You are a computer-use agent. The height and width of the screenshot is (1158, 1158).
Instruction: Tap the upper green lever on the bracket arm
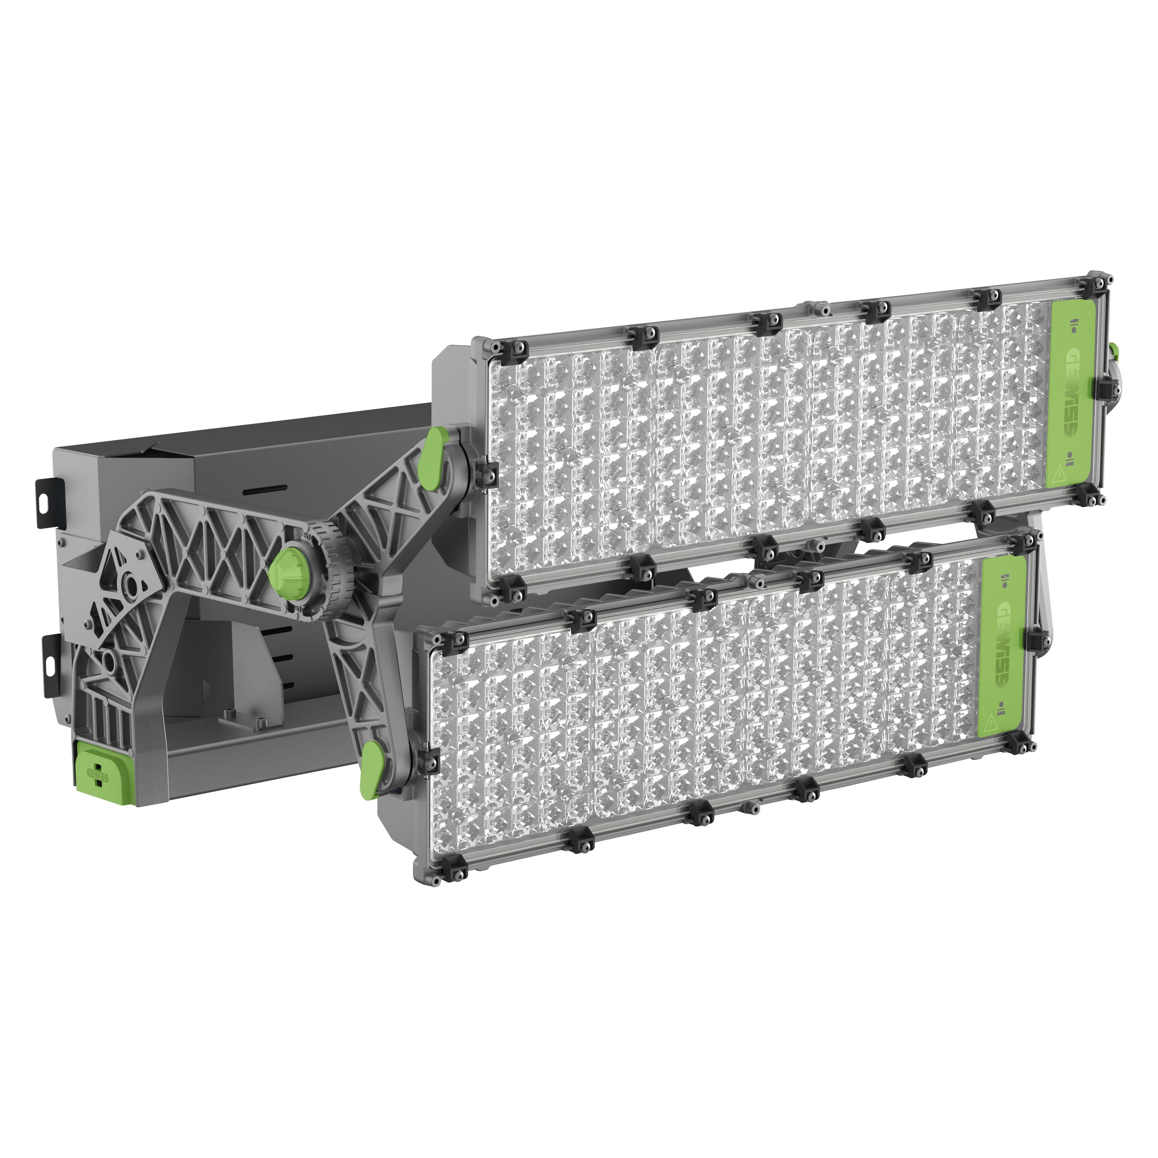(435, 449)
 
